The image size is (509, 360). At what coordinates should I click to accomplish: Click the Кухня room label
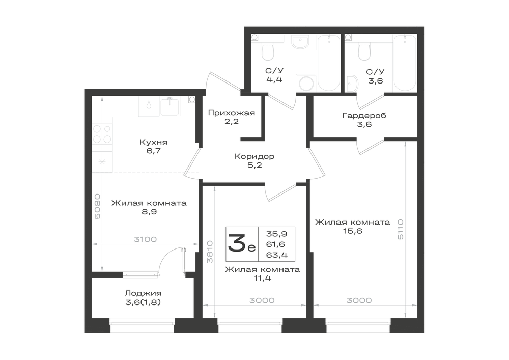tap(154, 142)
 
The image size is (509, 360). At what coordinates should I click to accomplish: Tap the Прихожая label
tap(232, 113)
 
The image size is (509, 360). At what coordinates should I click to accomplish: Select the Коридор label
tap(254, 156)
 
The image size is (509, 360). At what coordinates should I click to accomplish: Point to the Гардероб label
tap(364, 116)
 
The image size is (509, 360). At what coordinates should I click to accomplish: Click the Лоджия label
tap(143, 293)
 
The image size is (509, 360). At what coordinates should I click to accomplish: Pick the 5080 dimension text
tap(97, 206)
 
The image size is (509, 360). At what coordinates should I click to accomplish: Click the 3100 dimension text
tap(146, 239)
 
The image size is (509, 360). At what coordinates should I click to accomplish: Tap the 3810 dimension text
tap(210, 252)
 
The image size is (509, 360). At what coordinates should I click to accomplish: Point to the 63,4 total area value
tap(277, 255)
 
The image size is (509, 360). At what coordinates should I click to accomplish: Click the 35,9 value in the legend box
tap(276, 233)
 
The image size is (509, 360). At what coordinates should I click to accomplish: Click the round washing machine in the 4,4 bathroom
tap(306, 84)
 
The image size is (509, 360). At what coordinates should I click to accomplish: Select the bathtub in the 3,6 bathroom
tap(405, 63)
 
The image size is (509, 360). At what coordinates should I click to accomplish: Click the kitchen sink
tap(169, 107)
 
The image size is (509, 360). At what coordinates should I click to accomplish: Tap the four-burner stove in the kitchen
tap(102, 134)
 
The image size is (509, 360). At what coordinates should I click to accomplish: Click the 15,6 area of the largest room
tap(353, 231)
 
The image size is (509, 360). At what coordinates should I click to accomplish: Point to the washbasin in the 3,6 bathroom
tap(352, 84)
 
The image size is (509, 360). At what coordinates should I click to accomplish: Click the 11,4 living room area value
tap(263, 278)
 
